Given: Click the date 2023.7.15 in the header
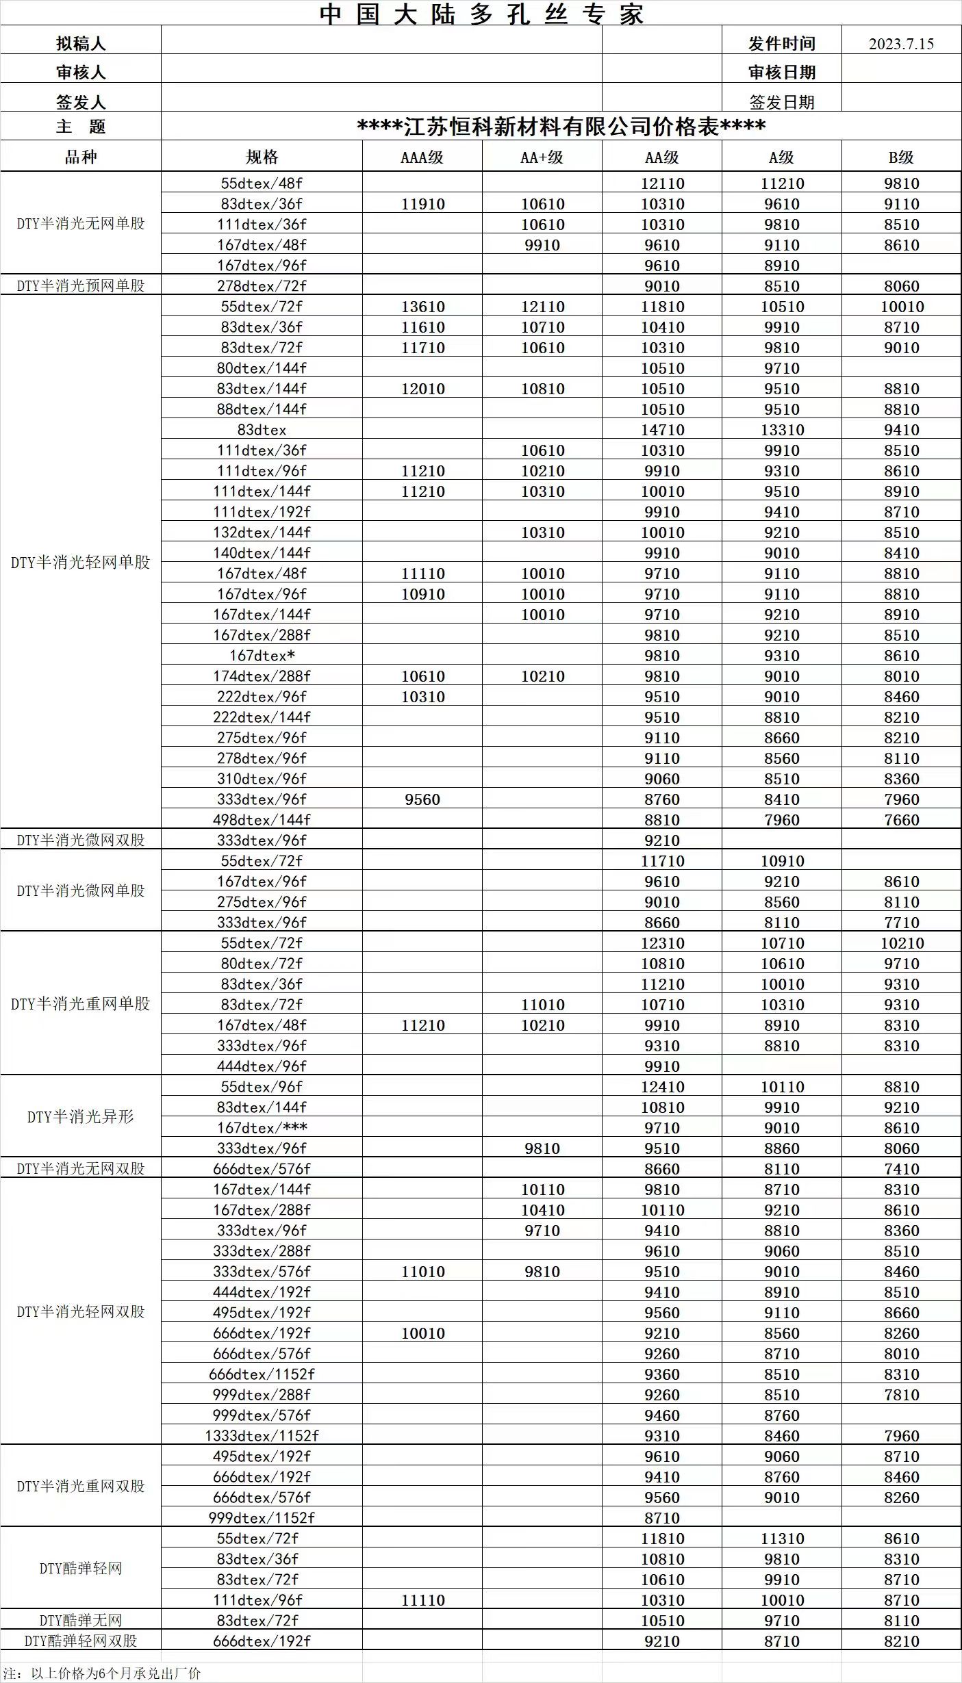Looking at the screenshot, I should tap(901, 44).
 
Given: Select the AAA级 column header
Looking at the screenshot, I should tap(422, 157).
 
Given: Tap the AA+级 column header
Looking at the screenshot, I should tap(542, 157).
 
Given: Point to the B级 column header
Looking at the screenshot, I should tap(901, 157).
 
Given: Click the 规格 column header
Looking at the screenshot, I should tap(262, 157).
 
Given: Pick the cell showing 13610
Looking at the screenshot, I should tap(422, 307).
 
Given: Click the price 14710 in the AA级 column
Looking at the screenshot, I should tap(662, 430).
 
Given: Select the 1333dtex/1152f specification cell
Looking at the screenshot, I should tap(262, 1436).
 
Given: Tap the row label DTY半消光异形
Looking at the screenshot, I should tap(80, 1117).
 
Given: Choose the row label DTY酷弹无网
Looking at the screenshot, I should tap(80, 1620).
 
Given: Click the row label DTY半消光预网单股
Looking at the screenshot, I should tap(80, 285).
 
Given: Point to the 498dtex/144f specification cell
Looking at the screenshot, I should tap(262, 820).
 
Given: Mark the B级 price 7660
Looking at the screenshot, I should tap(901, 820).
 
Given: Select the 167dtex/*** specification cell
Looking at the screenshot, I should tap(262, 1128).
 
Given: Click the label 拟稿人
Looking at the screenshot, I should tap(81, 44).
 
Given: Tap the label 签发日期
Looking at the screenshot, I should tap(781, 103).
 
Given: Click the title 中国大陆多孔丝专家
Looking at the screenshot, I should tap(481, 14).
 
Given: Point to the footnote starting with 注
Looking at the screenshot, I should tap(102, 1673).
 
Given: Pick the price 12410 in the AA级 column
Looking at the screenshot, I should tap(662, 1087).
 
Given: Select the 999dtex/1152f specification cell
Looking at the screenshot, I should tap(262, 1518).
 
